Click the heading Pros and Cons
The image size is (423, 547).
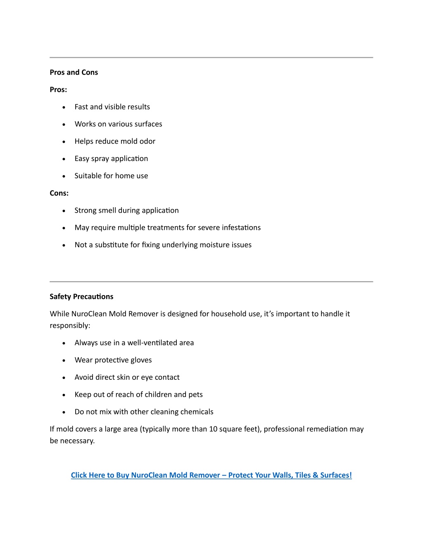click(74, 72)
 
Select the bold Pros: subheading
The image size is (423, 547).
click(58, 90)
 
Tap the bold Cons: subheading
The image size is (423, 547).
click(59, 193)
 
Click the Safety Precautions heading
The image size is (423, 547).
click(81, 296)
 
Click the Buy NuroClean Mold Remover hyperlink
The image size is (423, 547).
click(211, 475)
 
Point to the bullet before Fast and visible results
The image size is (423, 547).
click(64, 107)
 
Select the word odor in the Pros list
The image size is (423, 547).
click(147, 141)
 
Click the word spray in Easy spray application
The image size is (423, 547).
click(100, 159)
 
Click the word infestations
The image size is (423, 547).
click(241, 227)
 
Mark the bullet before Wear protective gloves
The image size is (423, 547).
click(64, 360)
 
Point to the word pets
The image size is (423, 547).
click(195, 395)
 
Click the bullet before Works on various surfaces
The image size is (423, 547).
click(64, 124)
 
